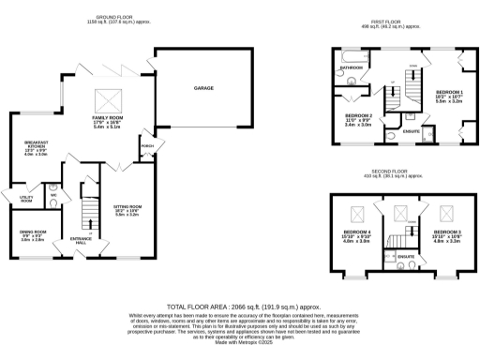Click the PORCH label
[x=147, y=145]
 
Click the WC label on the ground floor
[x=53, y=196]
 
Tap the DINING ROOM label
[x=34, y=235]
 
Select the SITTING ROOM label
[x=127, y=211]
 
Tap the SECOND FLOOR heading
[x=387, y=172]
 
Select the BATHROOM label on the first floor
[x=352, y=68]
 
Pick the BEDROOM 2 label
[x=360, y=116]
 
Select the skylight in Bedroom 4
[x=357, y=212]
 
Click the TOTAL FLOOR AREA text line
[x=244, y=307]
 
